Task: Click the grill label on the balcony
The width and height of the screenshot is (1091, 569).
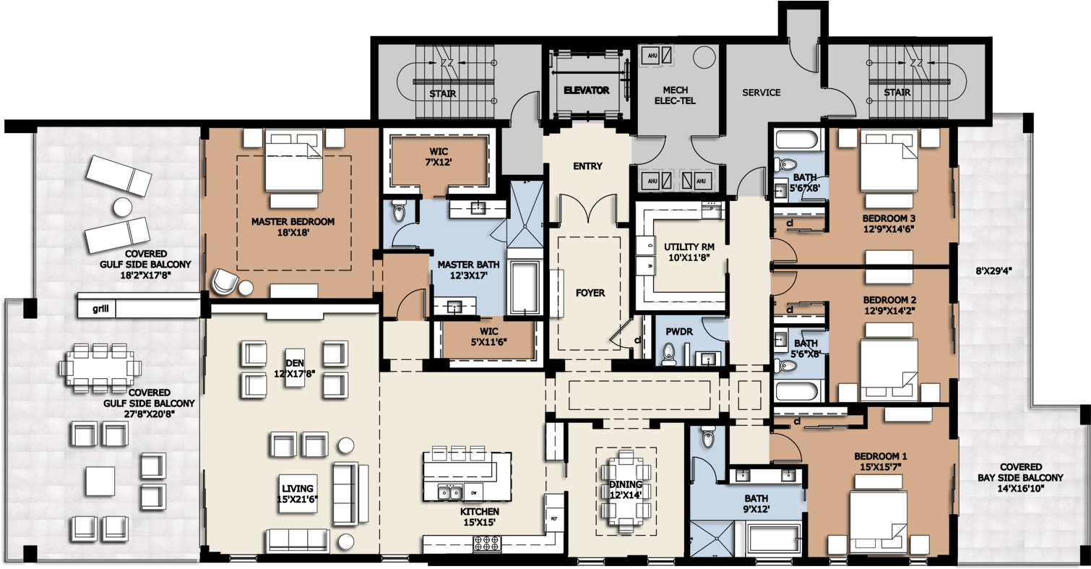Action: [x=100, y=309]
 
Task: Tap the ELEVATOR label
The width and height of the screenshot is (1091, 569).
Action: [x=586, y=91]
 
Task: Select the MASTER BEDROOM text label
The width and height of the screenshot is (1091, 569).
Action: [x=293, y=227]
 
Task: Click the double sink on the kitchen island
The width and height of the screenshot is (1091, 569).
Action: [x=450, y=492]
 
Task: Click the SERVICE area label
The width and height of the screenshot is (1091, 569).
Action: [x=762, y=93]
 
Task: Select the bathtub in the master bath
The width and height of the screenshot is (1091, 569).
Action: [x=525, y=288]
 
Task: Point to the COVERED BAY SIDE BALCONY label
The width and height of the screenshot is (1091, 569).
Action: [x=1021, y=477]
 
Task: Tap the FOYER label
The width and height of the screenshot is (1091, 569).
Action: [x=590, y=293]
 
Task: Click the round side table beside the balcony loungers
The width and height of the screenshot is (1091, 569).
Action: [x=121, y=208]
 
